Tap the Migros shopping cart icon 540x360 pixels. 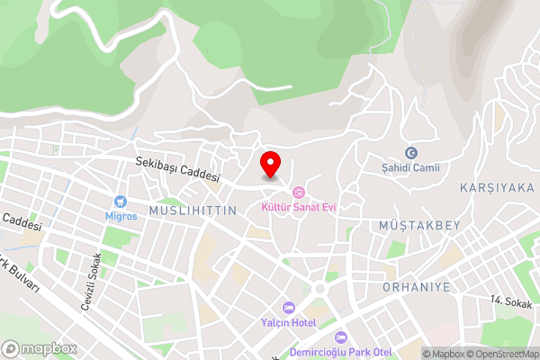pos(119,202)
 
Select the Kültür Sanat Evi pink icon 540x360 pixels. pos(298,192)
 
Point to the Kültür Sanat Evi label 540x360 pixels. pos(298,207)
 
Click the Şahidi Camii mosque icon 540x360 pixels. pos(412,153)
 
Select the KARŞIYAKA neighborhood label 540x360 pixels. pos(496,187)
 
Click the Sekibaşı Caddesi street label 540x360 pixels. pos(177,170)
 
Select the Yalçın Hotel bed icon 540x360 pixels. pos(289,307)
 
